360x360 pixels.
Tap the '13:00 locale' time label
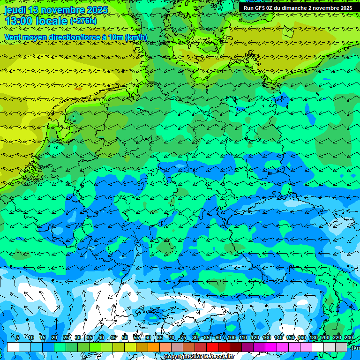tap(36, 21)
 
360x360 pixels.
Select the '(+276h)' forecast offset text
tap(83, 21)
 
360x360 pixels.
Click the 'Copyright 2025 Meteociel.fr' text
tap(199, 357)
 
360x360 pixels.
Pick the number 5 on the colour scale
tap(18, 337)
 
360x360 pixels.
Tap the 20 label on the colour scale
tap(54, 337)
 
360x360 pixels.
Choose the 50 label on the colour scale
tap(124, 337)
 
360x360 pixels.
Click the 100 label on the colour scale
tap(232, 337)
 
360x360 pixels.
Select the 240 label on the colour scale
tap(349, 337)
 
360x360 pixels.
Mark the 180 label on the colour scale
tap(313, 337)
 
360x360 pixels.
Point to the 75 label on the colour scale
tap(183, 337)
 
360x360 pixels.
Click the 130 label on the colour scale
tap(267, 337)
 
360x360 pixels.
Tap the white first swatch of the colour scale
tap(13, 347)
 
